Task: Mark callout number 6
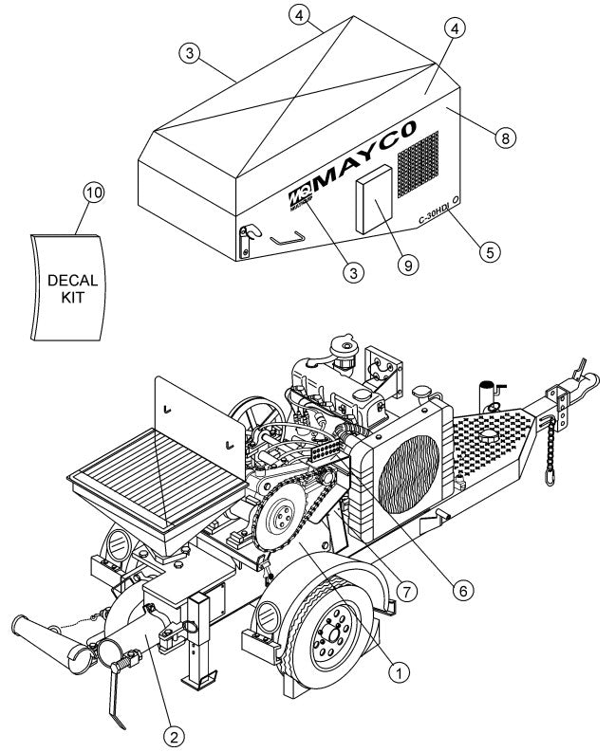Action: coord(463,589)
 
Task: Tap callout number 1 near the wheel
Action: coord(400,670)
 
